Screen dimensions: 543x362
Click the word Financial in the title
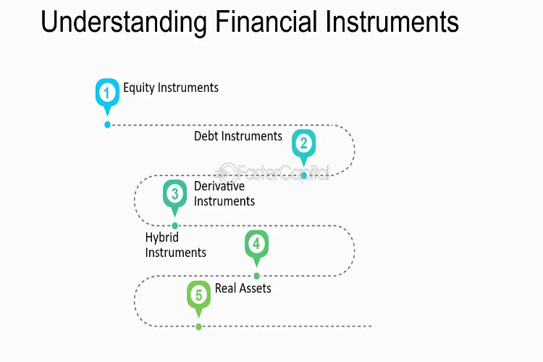[x=266, y=22]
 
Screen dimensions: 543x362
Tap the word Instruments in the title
[x=392, y=22]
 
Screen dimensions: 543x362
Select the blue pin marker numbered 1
[x=107, y=96]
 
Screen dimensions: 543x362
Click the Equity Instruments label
[x=171, y=88]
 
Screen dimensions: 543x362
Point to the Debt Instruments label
[x=238, y=136]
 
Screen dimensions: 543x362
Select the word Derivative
[x=219, y=186]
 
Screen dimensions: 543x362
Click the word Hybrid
[x=162, y=237]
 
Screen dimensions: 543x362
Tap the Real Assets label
[x=243, y=288]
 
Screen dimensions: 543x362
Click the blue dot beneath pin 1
[x=107, y=125]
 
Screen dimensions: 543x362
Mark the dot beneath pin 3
[x=175, y=225]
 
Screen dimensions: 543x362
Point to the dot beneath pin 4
[x=256, y=276]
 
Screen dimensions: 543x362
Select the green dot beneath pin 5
[x=199, y=327]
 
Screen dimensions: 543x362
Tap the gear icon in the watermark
[x=226, y=172]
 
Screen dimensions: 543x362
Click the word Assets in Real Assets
[x=255, y=288]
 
